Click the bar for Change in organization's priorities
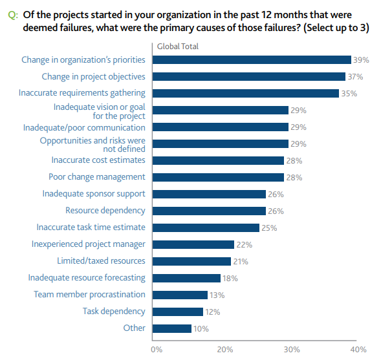[x=252, y=59]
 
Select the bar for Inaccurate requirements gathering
[x=246, y=93]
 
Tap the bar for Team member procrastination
[x=180, y=295]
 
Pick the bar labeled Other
[x=173, y=328]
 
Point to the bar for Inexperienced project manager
[x=193, y=244]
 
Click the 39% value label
[x=361, y=59]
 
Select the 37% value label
[x=355, y=76]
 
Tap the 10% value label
[x=201, y=328]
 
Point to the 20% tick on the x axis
[x=224, y=349]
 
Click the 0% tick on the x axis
[x=157, y=349]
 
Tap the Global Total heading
[x=178, y=47]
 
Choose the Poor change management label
[x=97, y=177]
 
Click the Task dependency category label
[x=114, y=312]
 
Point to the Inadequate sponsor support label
[x=94, y=194]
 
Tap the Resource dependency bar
[x=210, y=211]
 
